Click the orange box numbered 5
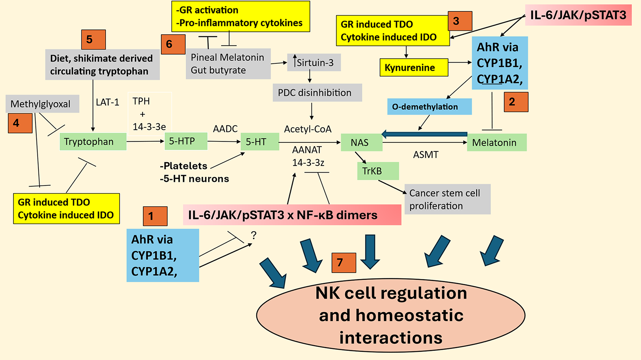coord(94,40)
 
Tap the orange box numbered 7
coord(344,262)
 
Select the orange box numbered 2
coord(516,102)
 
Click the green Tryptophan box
coord(93,142)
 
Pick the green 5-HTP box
coord(186,141)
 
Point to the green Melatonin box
coord(497,142)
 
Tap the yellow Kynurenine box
coord(414,67)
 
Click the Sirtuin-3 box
coord(314,63)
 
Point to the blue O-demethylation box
coord(429,107)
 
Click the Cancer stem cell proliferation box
coord(447,199)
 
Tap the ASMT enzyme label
coord(426,155)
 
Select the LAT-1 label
coord(107,102)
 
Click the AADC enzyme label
coord(225,129)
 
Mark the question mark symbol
coord(254,236)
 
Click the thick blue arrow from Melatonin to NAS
coord(424,134)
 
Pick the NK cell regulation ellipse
coord(391,315)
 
